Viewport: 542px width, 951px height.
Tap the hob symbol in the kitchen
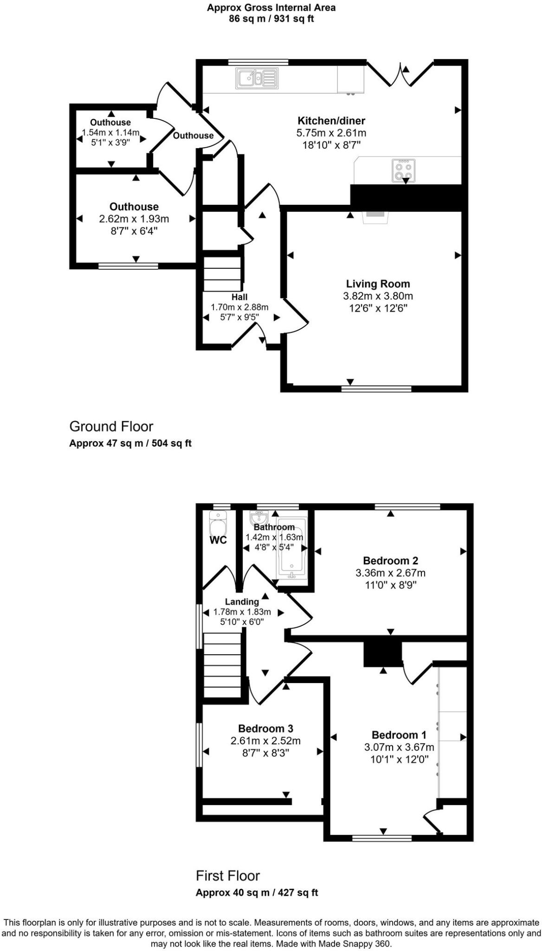pyautogui.click(x=403, y=170)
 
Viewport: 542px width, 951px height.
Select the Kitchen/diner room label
pyautogui.click(x=331, y=121)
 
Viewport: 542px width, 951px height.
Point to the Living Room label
pyautogui.click(x=378, y=284)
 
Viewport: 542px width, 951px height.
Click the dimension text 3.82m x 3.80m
pyautogui.click(x=378, y=296)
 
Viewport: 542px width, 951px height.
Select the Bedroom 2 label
pyautogui.click(x=390, y=560)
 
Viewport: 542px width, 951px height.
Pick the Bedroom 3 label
pyautogui.click(x=265, y=729)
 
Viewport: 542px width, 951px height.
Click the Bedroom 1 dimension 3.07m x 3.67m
pyautogui.click(x=399, y=747)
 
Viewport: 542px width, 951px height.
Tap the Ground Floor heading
pyautogui.click(x=111, y=426)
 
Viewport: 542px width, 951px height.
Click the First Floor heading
pyautogui.click(x=227, y=876)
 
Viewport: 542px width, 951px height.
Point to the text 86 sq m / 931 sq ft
pyautogui.click(x=271, y=19)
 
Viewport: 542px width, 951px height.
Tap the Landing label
pyautogui.click(x=242, y=602)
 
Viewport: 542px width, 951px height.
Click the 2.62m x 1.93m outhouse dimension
pyautogui.click(x=134, y=219)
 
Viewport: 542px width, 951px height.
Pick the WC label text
pyautogui.click(x=218, y=541)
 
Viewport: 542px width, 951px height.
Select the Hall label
pyautogui.click(x=239, y=297)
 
